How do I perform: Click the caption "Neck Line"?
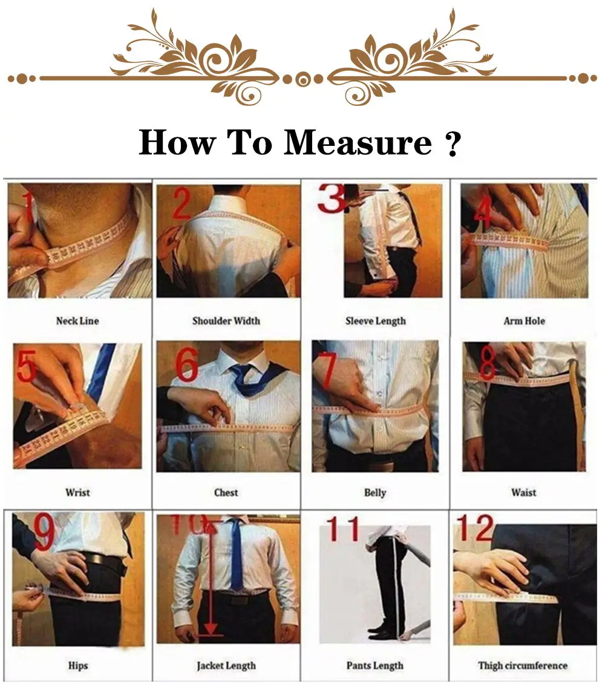77,321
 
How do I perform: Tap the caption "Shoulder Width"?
226,321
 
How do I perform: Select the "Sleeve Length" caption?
375,321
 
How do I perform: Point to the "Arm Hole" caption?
524,321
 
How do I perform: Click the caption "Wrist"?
77,493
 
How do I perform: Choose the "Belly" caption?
375,493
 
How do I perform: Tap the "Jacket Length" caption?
226,665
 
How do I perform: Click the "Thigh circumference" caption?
523,665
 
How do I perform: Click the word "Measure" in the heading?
358,143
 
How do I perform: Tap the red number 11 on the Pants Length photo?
343,529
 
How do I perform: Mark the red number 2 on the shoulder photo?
181,203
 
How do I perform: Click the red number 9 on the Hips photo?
44,533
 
